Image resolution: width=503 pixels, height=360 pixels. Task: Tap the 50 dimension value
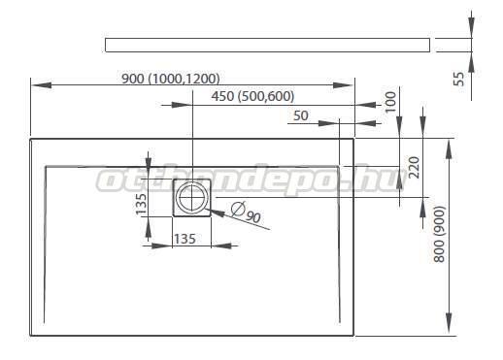[301, 115]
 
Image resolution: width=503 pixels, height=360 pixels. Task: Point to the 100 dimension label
[391, 102]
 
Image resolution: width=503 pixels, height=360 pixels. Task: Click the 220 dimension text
[414, 167]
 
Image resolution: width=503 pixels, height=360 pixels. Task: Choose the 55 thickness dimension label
[458, 79]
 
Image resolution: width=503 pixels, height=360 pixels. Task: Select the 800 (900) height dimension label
[439, 234]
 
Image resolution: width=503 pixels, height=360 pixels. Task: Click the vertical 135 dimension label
[141, 204]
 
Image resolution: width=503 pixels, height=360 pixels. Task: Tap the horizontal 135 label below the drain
[184, 239]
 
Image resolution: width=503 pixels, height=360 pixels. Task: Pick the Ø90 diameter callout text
[247, 213]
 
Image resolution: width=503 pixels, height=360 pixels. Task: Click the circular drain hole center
[192, 197]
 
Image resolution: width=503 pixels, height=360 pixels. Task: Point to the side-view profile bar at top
[267, 45]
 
